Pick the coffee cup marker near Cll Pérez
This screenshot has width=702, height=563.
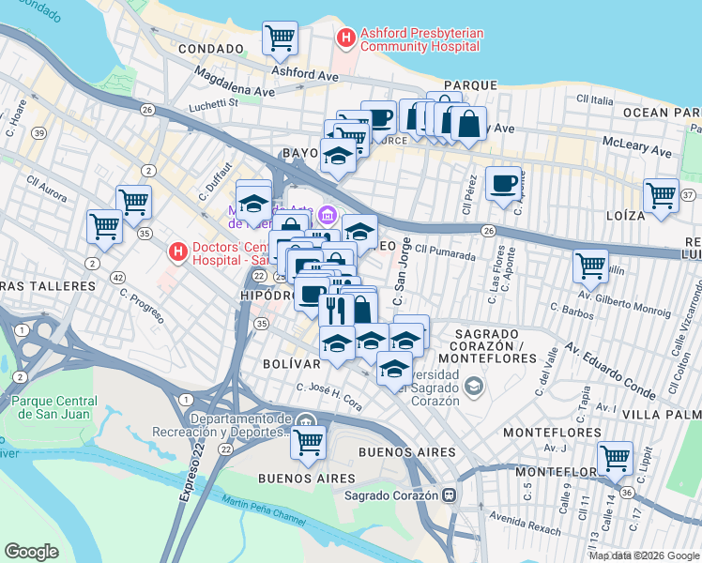(503, 183)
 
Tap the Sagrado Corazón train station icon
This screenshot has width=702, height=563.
(450, 495)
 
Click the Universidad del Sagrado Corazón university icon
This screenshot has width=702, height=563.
(475, 386)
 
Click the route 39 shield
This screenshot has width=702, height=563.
(38, 133)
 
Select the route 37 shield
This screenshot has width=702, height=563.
(689, 194)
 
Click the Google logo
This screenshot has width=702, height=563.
(32, 552)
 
